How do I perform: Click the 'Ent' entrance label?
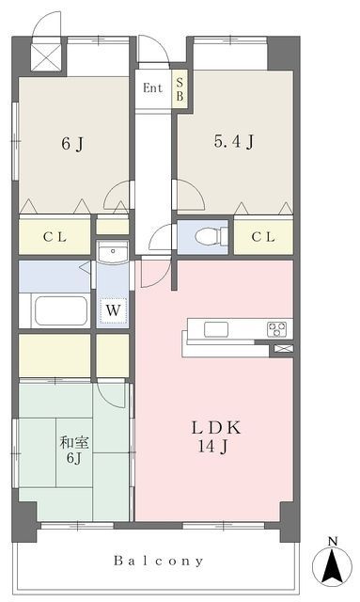[x=152, y=88]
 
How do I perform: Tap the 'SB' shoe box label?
[x=180, y=89]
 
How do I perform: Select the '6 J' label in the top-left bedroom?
[x=72, y=144]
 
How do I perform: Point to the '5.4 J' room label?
[x=234, y=142]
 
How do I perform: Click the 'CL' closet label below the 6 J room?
[x=55, y=237]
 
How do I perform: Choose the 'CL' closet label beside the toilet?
[x=263, y=237]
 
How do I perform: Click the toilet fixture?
[x=211, y=236]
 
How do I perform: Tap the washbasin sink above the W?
[x=113, y=252]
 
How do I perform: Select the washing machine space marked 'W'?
[x=113, y=310]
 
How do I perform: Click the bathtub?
[x=61, y=310]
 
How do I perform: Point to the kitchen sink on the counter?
[x=216, y=329]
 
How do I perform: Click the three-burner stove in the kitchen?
[x=276, y=329]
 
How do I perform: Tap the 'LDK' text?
[x=216, y=428]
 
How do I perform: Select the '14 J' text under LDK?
[x=213, y=447]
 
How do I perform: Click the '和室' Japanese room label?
[x=74, y=443]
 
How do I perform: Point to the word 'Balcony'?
[x=158, y=561]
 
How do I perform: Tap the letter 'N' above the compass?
[x=333, y=542]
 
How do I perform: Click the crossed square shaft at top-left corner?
[x=46, y=57]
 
